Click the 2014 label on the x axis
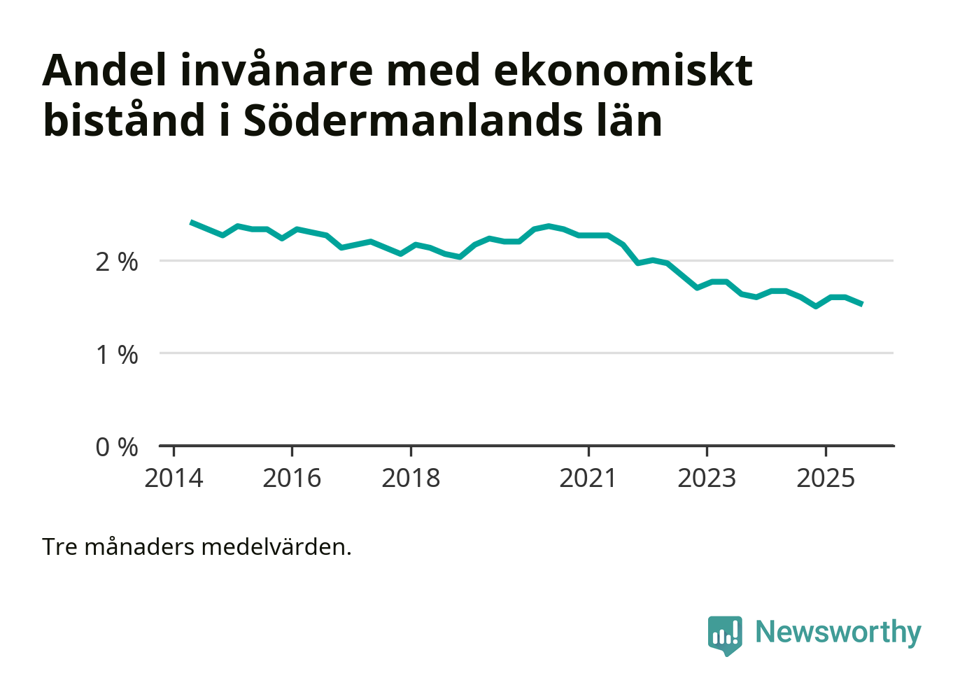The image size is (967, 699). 174,479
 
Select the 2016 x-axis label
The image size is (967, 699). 292,479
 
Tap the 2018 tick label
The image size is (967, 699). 411,479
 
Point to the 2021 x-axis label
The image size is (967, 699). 588,479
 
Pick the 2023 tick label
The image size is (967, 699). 707,479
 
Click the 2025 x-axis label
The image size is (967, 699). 826,479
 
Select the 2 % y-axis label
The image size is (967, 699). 117,262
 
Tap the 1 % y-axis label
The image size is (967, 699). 117,355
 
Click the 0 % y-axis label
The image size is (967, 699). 117,447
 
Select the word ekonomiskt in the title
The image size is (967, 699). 623,70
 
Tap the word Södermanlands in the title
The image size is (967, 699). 413,120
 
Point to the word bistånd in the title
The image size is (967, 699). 125,120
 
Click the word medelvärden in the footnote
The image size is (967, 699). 276,546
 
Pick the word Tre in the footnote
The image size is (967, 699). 59,546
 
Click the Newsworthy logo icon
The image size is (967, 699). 725,635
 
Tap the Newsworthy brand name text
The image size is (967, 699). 838,632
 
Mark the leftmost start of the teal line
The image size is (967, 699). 192,222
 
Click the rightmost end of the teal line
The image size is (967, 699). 861,304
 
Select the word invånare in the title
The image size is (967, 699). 276,70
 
